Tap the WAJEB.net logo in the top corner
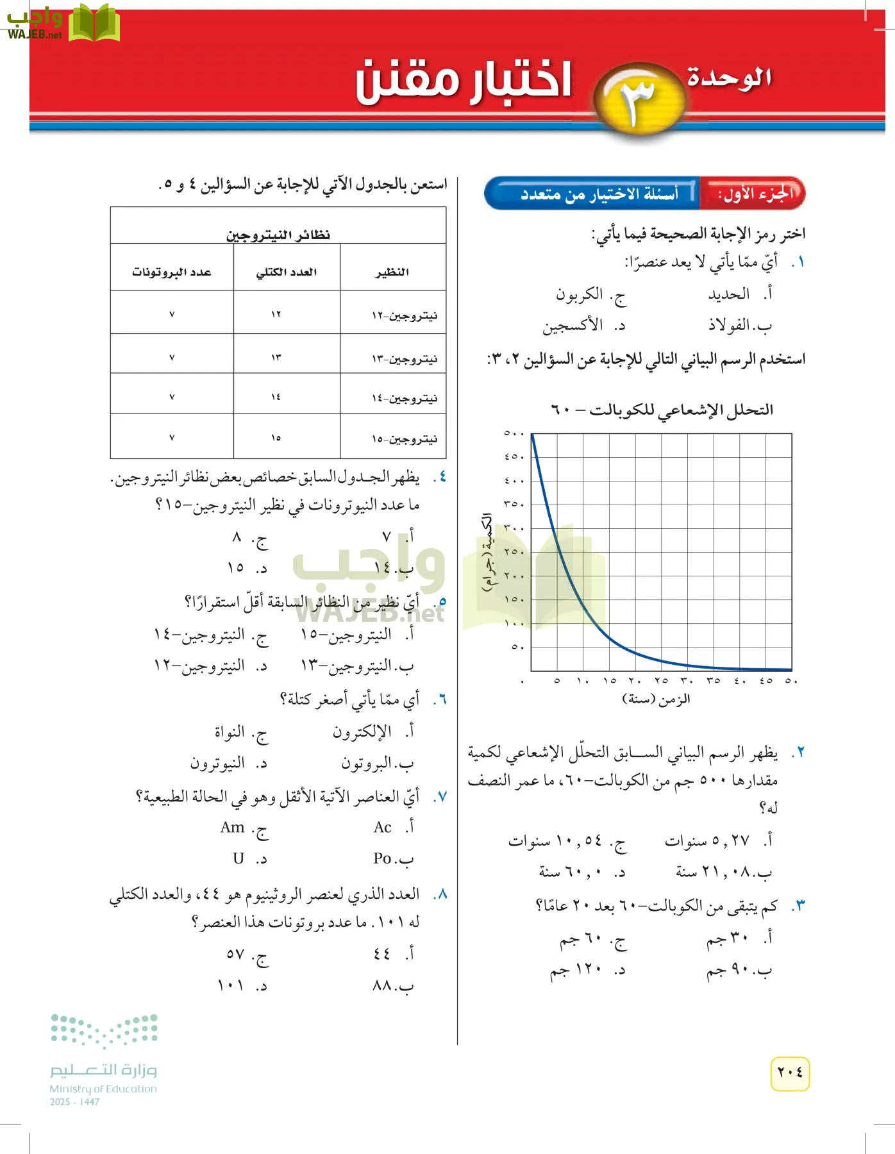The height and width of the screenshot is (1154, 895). [61, 23]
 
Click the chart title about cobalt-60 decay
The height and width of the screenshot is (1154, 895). [662, 410]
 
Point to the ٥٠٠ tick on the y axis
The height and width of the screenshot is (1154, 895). [514, 433]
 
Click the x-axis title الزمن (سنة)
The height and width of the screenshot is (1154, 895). [656, 699]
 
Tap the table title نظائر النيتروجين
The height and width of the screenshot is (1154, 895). [278, 235]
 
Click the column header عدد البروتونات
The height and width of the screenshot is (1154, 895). [171, 272]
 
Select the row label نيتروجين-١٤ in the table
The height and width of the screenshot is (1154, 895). [405, 398]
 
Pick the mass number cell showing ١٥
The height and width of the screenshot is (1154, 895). [276, 438]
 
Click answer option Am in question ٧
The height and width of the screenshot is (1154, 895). [233, 828]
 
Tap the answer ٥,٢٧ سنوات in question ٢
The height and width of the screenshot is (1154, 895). [707, 840]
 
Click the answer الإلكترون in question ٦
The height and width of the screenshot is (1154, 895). [362, 732]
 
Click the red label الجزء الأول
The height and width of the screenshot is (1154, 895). [755, 194]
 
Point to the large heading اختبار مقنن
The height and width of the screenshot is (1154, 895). [464, 82]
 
